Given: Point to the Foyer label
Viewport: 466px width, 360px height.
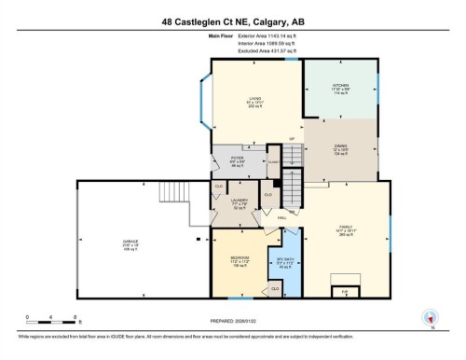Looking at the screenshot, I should point(238,160).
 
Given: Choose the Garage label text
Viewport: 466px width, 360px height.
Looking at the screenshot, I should point(130,243).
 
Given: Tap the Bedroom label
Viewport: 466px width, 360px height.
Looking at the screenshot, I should point(240,261).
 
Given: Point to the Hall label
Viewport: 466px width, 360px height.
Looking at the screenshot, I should point(281,218).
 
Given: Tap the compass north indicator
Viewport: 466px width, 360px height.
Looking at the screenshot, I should point(430,317).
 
